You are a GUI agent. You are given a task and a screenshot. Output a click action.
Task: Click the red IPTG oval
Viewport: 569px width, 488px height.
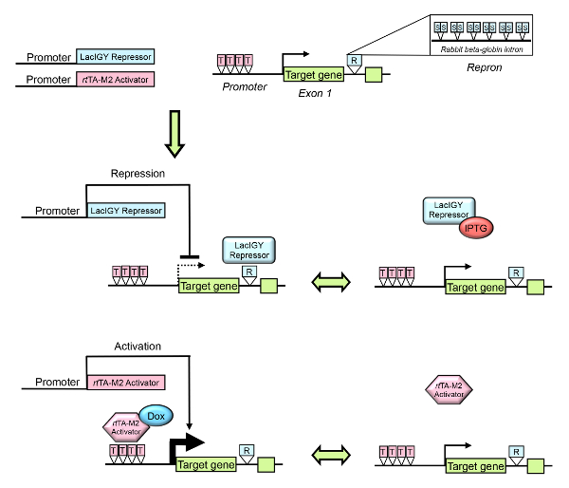(479, 229)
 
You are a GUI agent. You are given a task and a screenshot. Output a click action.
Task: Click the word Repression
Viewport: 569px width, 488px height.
(138, 174)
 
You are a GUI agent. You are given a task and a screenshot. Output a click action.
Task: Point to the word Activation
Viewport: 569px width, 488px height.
(138, 347)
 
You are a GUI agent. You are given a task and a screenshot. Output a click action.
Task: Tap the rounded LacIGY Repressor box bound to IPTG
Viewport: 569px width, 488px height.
(448, 211)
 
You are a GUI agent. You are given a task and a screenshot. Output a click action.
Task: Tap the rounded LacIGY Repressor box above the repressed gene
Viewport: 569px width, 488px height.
(248, 250)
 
